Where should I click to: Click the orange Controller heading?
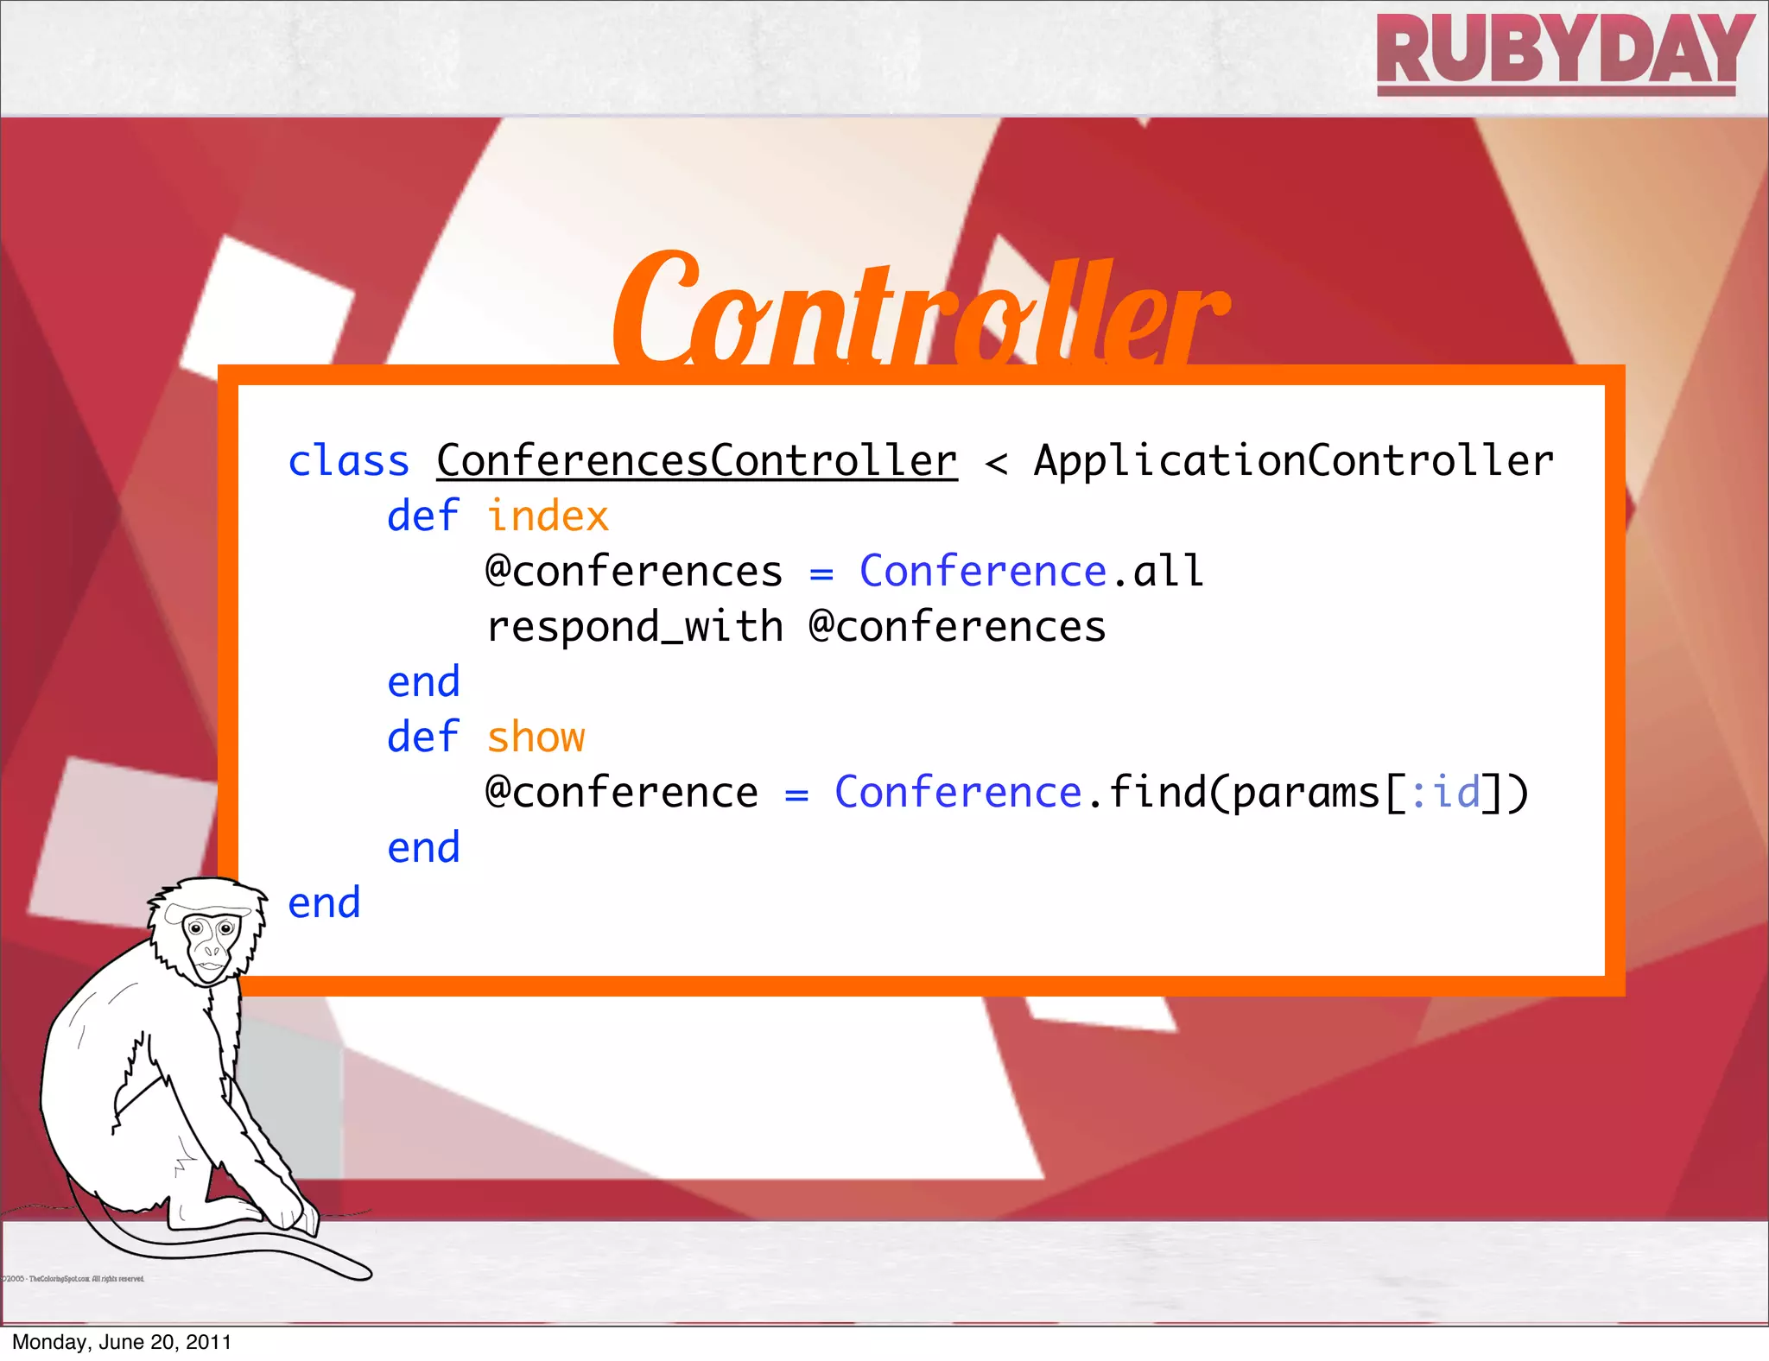[919, 311]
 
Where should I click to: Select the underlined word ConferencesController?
[696, 461]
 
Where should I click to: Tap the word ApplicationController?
[1293, 461]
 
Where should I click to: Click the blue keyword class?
[348, 461]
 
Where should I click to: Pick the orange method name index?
[548, 516]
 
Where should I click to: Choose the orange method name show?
[536, 737]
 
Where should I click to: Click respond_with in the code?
[635, 627]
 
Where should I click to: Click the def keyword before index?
[422, 516]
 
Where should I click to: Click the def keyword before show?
[422, 737]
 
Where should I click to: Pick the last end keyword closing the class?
[324, 903]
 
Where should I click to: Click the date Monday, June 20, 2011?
[122, 1342]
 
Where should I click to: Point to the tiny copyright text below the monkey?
[73, 1279]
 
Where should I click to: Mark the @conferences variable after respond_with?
[957, 627]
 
